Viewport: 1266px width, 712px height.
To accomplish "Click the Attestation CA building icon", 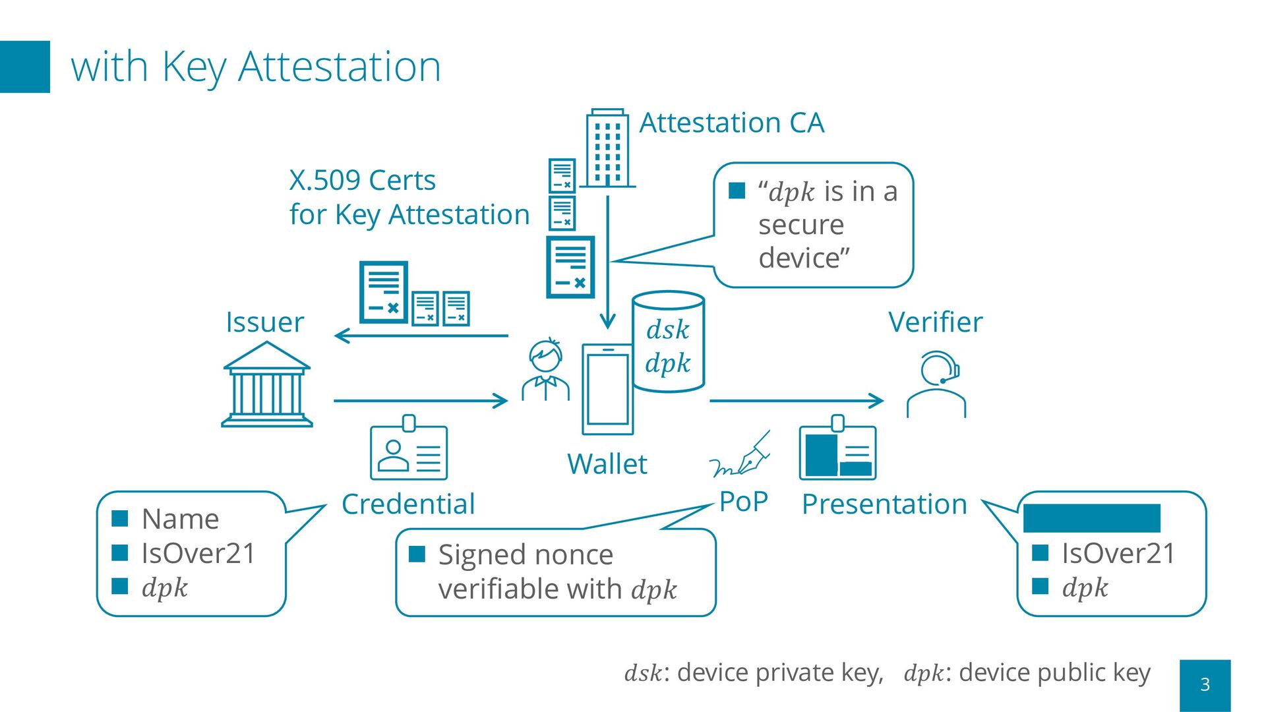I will (x=607, y=148).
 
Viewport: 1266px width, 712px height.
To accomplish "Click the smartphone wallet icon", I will (x=607, y=389).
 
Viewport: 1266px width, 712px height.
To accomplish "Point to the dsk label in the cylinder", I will (x=667, y=330).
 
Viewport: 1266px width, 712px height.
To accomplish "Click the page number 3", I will (x=1205, y=684).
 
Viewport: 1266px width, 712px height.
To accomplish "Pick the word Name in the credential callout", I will (x=180, y=519).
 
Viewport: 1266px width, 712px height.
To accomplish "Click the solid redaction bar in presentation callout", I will (x=1091, y=518).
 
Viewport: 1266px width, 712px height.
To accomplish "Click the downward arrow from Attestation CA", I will (x=607, y=264).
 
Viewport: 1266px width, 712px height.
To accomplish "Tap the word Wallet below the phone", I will (x=607, y=464).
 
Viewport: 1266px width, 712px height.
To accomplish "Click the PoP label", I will (x=743, y=502).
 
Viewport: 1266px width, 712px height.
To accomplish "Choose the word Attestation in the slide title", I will (x=339, y=67).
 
